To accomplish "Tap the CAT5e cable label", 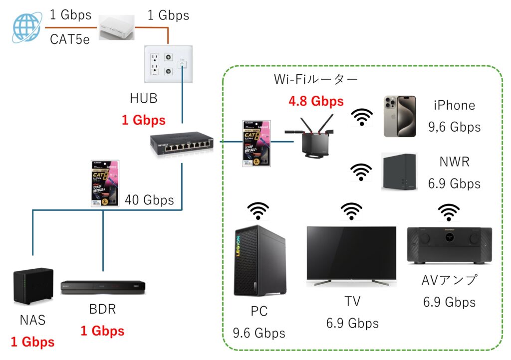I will click(x=70, y=39).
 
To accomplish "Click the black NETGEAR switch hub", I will click(x=181, y=144).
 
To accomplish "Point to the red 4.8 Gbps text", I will click(x=316, y=101).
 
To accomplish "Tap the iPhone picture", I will click(x=399, y=116).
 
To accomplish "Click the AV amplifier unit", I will click(x=449, y=245).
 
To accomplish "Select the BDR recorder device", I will click(x=103, y=287).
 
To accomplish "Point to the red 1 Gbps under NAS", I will click(x=32, y=342).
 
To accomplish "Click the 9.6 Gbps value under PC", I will click(x=259, y=333).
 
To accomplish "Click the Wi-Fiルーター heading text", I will click(x=316, y=79).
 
